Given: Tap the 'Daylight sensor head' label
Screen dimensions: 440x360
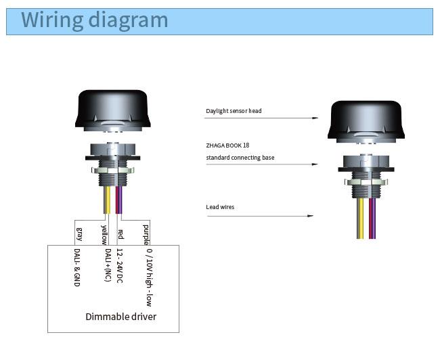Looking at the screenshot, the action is coord(234,111).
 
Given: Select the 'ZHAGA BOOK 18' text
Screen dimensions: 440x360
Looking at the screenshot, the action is coord(227,145).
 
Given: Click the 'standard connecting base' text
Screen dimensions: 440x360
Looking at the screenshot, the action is coord(240,158).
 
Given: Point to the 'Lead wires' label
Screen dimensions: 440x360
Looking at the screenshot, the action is coord(220,207).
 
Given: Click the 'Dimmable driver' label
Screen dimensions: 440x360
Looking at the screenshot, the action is coord(121,317).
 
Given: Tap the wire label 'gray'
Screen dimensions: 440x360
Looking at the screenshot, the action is coord(80,234).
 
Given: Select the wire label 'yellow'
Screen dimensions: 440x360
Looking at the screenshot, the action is coord(104,235).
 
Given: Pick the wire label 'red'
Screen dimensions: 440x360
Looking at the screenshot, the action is coord(120,234).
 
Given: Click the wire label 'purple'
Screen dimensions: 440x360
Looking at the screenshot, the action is coord(146,235).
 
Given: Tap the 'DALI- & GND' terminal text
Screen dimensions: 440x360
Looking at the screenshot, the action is coord(77,268).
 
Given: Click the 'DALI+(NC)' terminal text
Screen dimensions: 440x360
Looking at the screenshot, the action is coord(108,265).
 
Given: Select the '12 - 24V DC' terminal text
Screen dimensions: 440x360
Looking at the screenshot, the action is coord(120,266).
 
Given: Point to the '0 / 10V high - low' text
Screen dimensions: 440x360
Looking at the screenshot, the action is coord(150,277).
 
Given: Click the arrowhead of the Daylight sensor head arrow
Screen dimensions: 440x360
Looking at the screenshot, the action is coord(315,118).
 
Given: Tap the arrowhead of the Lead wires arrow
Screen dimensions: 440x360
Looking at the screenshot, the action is coord(310,216).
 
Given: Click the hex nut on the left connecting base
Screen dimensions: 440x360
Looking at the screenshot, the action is coord(113,170).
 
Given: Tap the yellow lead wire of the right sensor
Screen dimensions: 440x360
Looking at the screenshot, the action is coord(361,219).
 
